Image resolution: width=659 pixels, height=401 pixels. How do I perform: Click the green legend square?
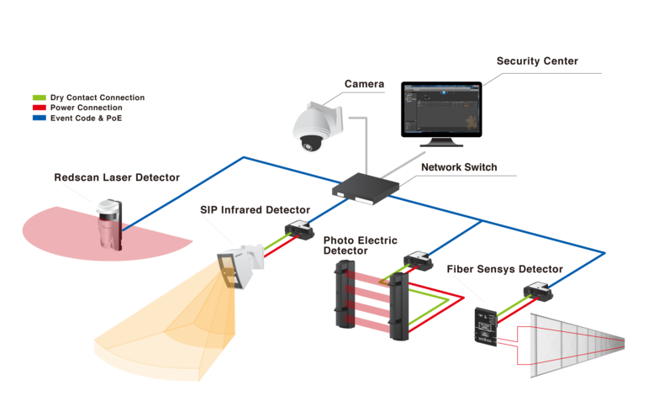pyautogui.click(x=37, y=98)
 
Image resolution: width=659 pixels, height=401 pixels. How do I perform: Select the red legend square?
pyautogui.click(x=37, y=108)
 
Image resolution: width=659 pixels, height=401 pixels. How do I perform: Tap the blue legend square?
pyautogui.click(x=37, y=119)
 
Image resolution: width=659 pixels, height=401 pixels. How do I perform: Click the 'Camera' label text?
pyautogui.click(x=364, y=84)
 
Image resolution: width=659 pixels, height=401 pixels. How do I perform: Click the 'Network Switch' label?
pyautogui.click(x=458, y=167)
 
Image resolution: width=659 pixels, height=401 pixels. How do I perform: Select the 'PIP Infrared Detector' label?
pyautogui.click(x=255, y=209)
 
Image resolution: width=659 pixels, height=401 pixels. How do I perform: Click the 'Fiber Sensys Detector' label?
pyautogui.click(x=516, y=269)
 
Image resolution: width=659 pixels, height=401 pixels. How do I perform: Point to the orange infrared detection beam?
pyautogui.click(x=160, y=336)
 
